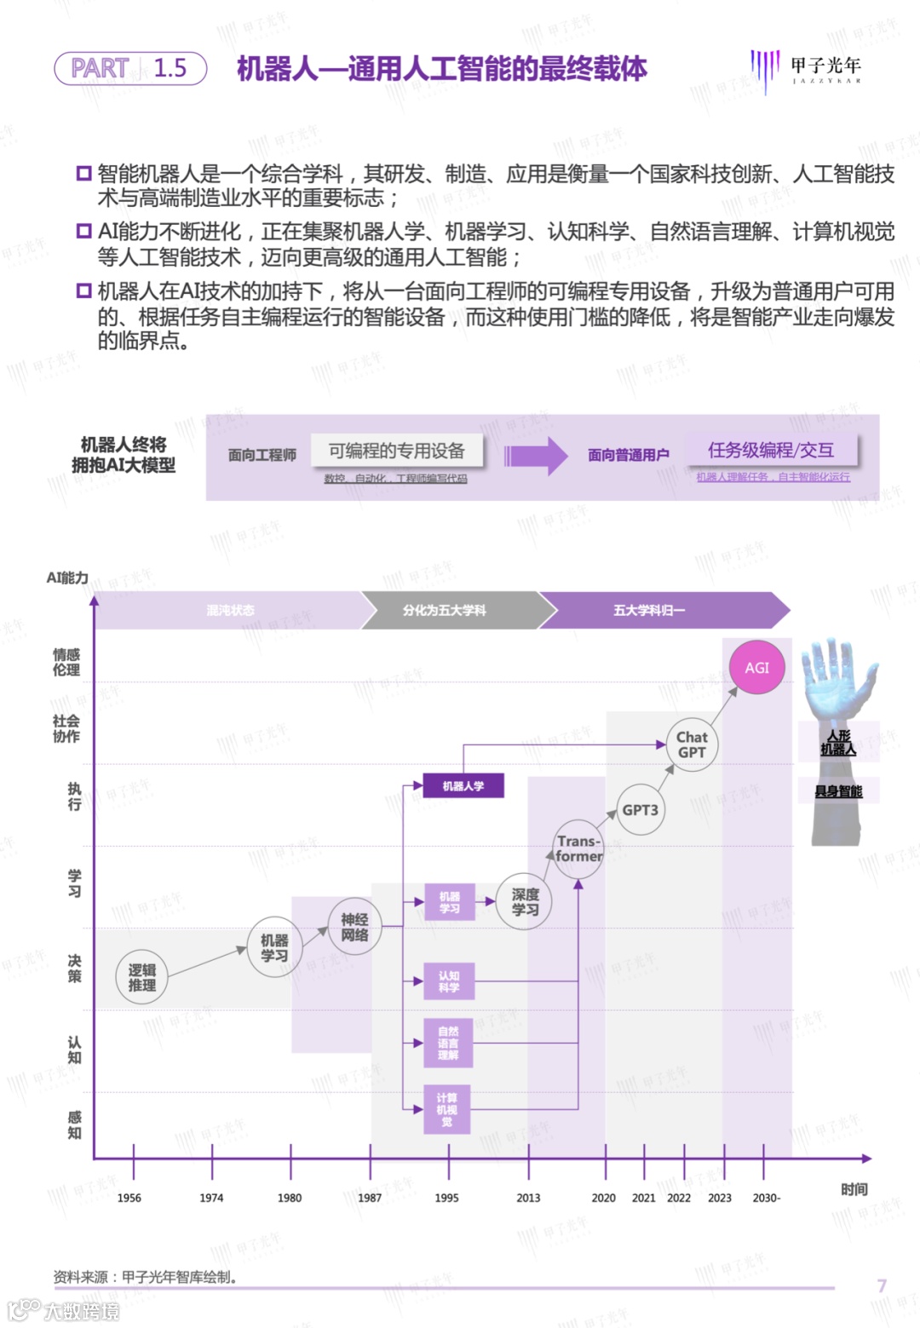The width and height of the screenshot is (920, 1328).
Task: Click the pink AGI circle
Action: pos(756,668)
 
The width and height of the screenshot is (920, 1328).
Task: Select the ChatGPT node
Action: pos(692,744)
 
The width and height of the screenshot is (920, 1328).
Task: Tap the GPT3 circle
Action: pos(640,810)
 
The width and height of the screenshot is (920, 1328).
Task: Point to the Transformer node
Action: pos(578,848)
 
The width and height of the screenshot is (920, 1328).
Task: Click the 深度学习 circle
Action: pos(525,902)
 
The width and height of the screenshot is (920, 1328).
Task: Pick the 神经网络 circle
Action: pos(354,928)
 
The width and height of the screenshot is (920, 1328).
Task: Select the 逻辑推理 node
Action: pos(142,978)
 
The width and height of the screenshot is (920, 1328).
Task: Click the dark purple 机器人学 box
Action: pos(463,785)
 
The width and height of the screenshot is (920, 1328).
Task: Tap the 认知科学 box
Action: pos(449,981)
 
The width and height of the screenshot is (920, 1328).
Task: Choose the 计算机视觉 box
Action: pos(447,1109)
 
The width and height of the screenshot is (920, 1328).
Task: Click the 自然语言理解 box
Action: pos(448,1043)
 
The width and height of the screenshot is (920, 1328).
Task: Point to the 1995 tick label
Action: pos(446,1198)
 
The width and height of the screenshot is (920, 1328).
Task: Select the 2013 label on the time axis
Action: pos(528,1198)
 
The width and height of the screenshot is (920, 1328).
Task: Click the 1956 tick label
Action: pos(129,1198)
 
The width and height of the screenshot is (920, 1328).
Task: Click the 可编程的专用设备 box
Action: pos(397,451)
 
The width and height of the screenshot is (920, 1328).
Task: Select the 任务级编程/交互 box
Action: pos(771,451)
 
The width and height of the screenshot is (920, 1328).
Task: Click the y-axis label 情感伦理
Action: pos(66,662)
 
